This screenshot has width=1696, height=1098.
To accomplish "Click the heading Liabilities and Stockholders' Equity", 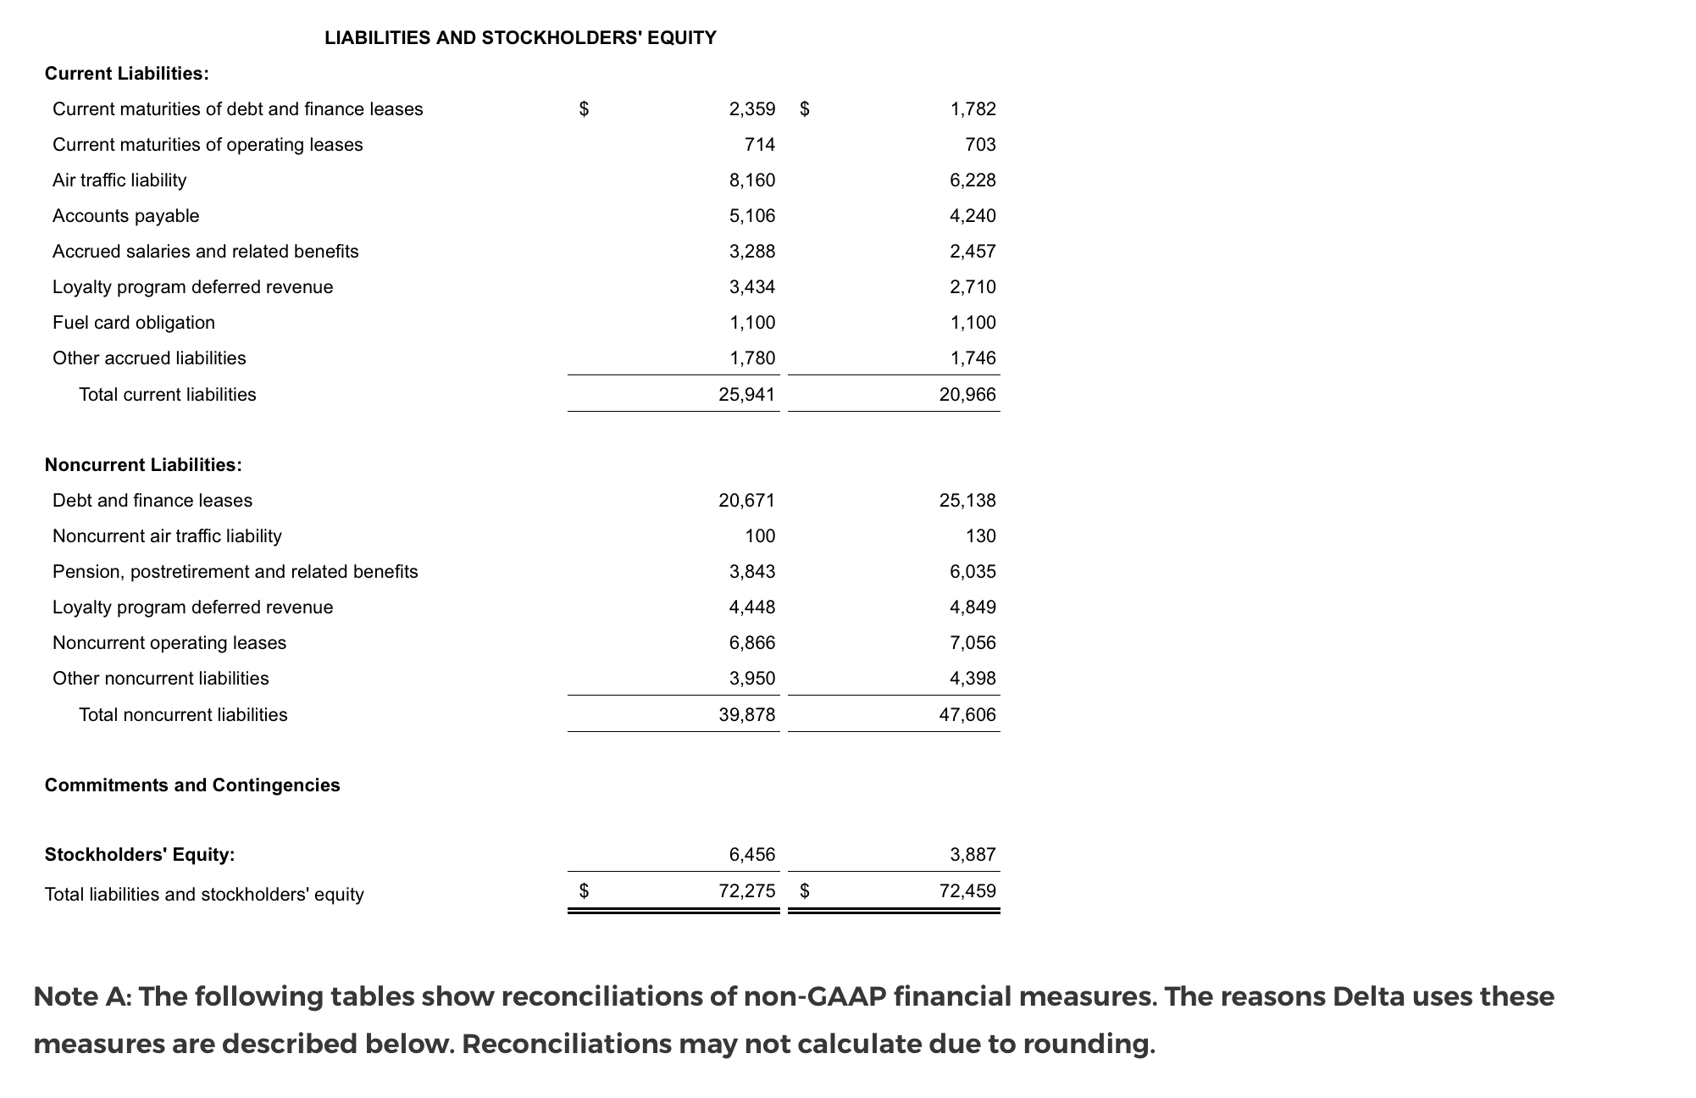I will pyautogui.click(x=520, y=38).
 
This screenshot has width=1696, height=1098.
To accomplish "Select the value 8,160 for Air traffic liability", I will pyautogui.click(x=752, y=180).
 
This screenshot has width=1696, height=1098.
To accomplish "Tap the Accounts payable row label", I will pyautogui.click(x=126, y=216).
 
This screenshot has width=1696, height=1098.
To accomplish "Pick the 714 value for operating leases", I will pyautogui.click(x=760, y=145).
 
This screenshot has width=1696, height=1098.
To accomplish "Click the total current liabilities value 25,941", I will pyautogui.click(x=747, y=395).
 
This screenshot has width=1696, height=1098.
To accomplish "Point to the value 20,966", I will pyautogui.click(x=967, y=395).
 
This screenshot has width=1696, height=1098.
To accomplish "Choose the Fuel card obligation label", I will pyautogui.click(x=134, y=323).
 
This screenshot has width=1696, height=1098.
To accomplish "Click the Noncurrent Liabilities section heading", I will pyautogui.click(x=143, y=465).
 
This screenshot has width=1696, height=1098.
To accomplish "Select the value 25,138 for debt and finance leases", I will pyautogui.click(x=967, y=501).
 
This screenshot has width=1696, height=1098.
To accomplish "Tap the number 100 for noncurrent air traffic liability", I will pyautogui.click(x=760, y=536).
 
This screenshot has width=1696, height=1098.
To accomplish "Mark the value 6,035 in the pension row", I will pyautogui.click(x=973, y=572).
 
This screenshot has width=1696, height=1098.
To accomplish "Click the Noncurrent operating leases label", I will pyautogui.click(x=169, y=643).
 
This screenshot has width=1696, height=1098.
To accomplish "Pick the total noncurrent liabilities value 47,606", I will pyautogui.click(x=967, y=715).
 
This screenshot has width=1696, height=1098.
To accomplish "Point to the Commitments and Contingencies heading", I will pyautogui.click(x=192, y=785).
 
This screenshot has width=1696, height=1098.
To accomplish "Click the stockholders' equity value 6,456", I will pyautogui.click(x=752, y=855).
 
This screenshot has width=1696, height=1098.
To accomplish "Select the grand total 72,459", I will pyautogui.click(x=967, y=891).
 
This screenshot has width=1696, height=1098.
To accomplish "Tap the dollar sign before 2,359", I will pyautogui.click(x=584, y=109).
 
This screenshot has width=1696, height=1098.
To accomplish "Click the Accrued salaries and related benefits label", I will pyautogui.click(x=206, y=252).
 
